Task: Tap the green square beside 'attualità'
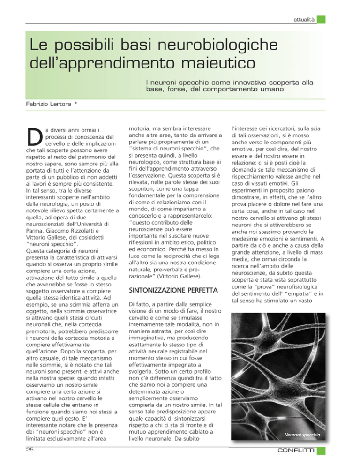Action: (x=320, y=20)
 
